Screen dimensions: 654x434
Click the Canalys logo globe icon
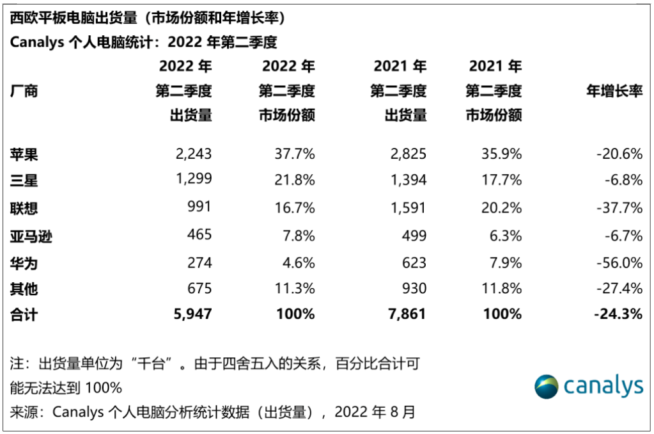click(546, 387)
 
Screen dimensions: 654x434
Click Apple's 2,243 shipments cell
click(194, 154)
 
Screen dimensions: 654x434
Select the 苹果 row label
click(24, 154)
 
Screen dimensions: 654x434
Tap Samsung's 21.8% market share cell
click(295, 180)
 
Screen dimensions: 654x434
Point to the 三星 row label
click(24, 181)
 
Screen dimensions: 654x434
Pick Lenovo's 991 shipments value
click(199, 206)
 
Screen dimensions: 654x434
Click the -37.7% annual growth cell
click(619, 207)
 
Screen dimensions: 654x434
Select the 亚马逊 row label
click(31, 236)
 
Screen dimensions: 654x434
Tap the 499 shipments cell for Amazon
click(414, 236)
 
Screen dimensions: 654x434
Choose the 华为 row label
click(24, 263)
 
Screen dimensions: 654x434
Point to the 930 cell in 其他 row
click(414, 288)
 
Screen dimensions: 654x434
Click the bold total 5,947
click(192, 314)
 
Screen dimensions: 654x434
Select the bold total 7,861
click(407, 314)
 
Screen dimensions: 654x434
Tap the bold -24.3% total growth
click(619, 314)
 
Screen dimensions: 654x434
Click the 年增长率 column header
click(614, 91)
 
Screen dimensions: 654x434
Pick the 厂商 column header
click(24, 91)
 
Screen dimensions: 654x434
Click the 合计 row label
click(24, 314)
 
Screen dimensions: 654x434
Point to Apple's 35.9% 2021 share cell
click(501, 154)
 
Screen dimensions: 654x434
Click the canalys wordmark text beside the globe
click(603, 386)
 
